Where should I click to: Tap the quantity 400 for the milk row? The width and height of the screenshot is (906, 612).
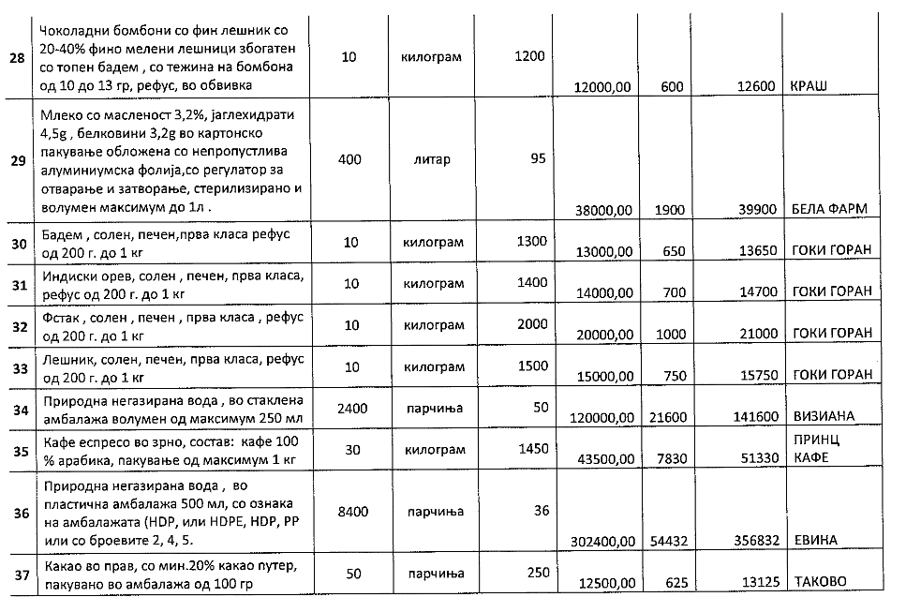(349, 159)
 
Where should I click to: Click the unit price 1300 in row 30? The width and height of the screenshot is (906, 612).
(529, 242)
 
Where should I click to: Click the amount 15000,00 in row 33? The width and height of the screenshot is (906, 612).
(600, 375)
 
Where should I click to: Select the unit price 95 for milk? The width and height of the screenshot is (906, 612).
(537, 159)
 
